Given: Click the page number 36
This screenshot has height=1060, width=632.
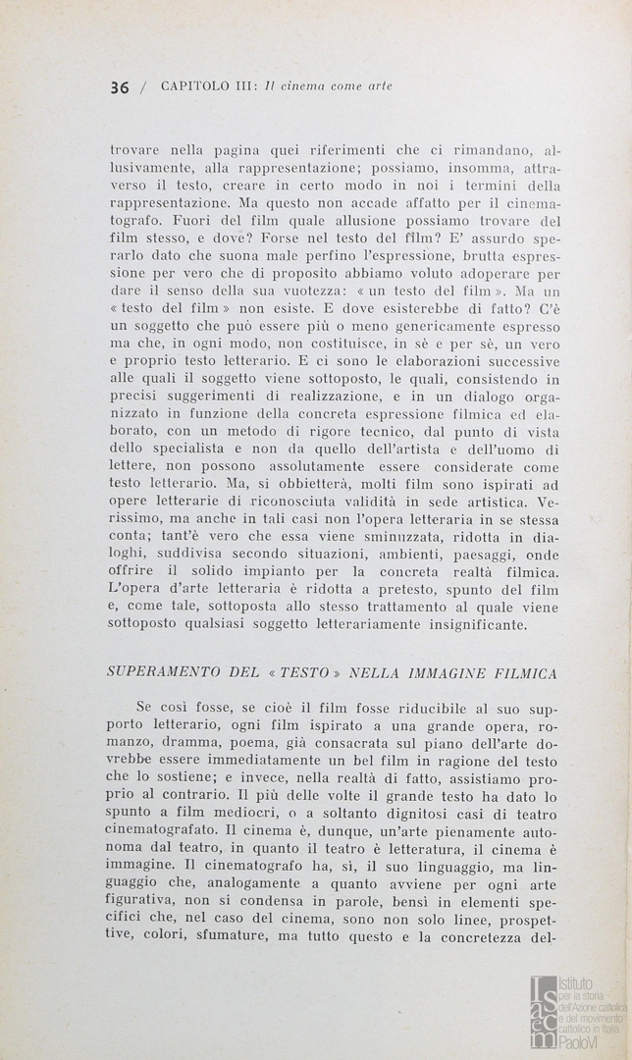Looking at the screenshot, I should click(120, 86).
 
